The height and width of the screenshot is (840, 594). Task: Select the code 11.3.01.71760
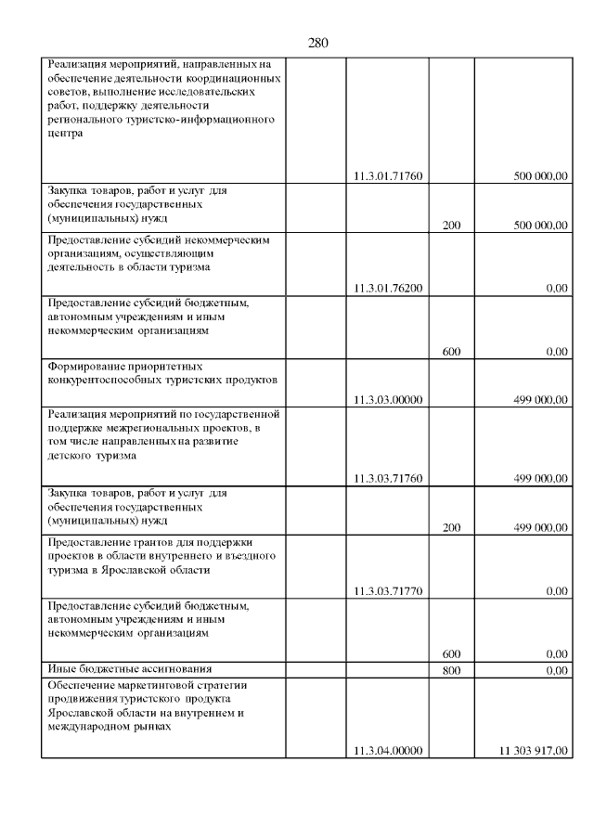click(389, 175)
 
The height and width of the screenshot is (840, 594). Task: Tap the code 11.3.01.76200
click(389, 288)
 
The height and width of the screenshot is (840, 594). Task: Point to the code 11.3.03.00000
click(389, 400)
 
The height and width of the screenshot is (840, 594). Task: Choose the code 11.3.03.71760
click(389, 479)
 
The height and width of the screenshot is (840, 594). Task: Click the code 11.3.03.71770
click(389, 590)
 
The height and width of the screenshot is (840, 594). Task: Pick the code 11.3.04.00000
click(389, 750)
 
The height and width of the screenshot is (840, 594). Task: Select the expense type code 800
click(451, 670)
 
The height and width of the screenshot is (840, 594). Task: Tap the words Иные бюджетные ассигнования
click(130, 668)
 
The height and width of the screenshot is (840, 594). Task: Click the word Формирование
click(87, 367)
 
